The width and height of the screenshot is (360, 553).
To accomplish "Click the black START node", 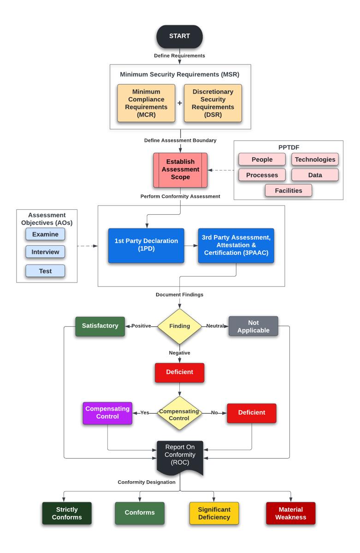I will (x=179, y=36).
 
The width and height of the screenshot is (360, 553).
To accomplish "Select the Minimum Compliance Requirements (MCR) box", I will (x=146, y=103).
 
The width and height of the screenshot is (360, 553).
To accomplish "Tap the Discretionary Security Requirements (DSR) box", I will (x=212, y=103).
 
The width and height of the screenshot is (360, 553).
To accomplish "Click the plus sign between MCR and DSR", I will (x=180, y=103).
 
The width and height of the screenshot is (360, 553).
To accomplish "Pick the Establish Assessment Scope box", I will (x=180, y=170).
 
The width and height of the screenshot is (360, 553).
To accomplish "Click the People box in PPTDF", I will (x=262, y=159).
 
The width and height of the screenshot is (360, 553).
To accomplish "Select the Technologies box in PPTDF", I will (x=315, y=159).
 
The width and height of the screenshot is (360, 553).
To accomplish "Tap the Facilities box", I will (x=289, y=190).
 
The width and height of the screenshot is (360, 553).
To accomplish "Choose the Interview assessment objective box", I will (x=45, y=252).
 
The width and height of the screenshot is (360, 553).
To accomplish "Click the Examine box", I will (x=45, y=234).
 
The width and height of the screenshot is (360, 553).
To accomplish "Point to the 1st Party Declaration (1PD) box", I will (x=146, y=245).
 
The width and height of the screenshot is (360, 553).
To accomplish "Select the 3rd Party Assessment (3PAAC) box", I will (x=236, y=245).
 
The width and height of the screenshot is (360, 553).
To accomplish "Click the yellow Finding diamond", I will (x=179, y=326).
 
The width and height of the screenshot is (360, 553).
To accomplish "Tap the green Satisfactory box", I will (x=100, y=326).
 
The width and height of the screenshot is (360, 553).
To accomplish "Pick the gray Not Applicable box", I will (x=253, y=326).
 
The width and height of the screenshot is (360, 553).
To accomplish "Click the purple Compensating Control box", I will (x=107, y=413).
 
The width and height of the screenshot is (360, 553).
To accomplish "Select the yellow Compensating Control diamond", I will (x=179, y=413).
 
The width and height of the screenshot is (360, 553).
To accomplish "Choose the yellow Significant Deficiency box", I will (x=214, y=513).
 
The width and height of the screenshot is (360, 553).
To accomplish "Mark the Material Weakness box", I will (x=290, y=513).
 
